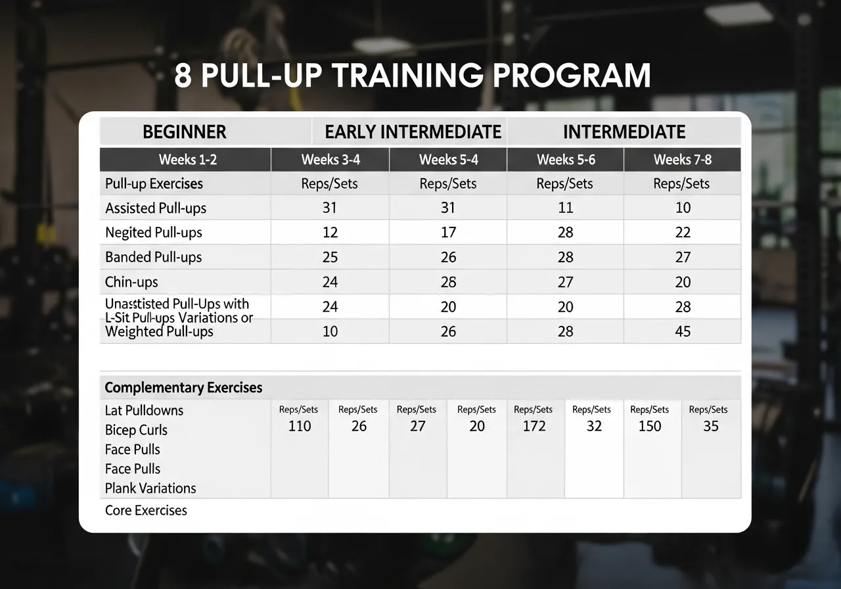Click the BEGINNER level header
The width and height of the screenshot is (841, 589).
184,132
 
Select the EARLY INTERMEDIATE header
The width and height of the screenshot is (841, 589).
413,132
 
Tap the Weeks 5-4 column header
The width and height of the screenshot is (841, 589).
448,160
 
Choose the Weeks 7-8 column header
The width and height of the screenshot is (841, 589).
682,160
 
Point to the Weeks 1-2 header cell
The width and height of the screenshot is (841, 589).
186,160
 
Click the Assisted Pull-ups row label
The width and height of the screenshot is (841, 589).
156,208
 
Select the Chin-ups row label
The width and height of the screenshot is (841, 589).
131,282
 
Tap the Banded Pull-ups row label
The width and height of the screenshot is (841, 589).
153,257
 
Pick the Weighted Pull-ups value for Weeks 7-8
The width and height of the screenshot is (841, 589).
683,331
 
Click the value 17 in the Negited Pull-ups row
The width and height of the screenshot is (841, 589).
448,233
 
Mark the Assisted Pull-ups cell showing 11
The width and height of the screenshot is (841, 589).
565,208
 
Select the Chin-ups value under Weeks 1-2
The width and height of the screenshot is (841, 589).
330,282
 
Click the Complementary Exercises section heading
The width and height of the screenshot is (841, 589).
183,388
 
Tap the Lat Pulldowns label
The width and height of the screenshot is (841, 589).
144,410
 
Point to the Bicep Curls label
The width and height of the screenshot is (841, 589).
136,430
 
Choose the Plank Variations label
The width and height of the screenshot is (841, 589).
150,488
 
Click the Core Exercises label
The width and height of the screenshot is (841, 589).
146,510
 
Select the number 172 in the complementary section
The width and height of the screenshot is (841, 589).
534,426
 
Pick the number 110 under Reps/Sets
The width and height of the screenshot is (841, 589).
300,426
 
